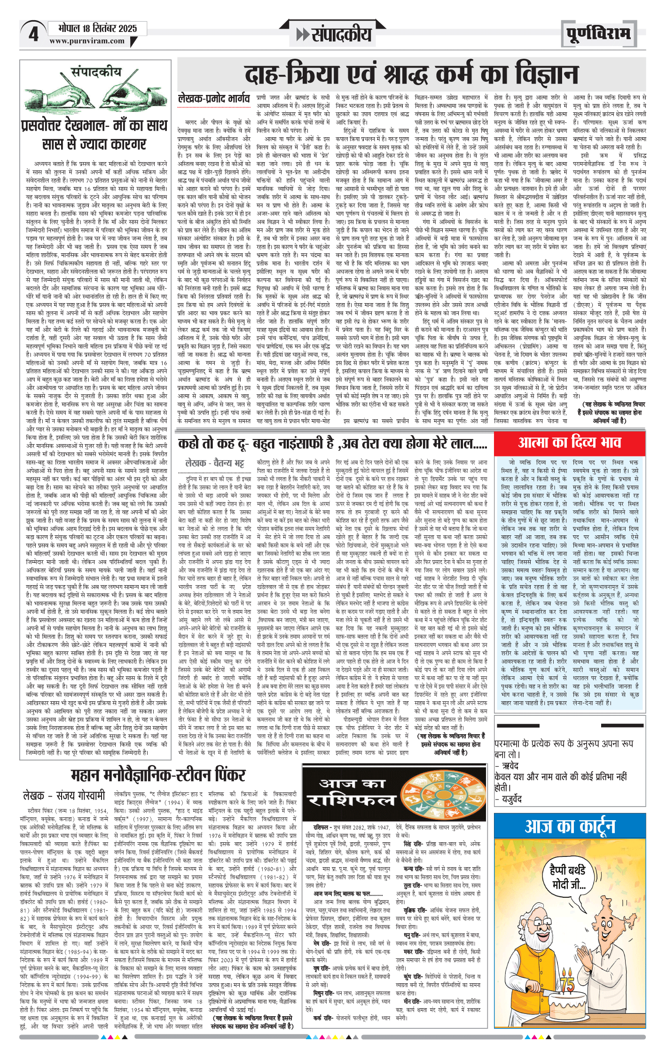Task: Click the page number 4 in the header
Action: click(33, 34)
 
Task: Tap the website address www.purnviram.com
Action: click(87, 41)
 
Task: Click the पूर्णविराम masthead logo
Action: click(598, 33)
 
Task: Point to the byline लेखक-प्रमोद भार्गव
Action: click(214, 99)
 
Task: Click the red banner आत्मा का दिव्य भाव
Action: click(570, 443)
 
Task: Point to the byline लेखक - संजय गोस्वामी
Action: click(64, 796)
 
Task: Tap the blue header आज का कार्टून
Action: click(570, 826)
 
